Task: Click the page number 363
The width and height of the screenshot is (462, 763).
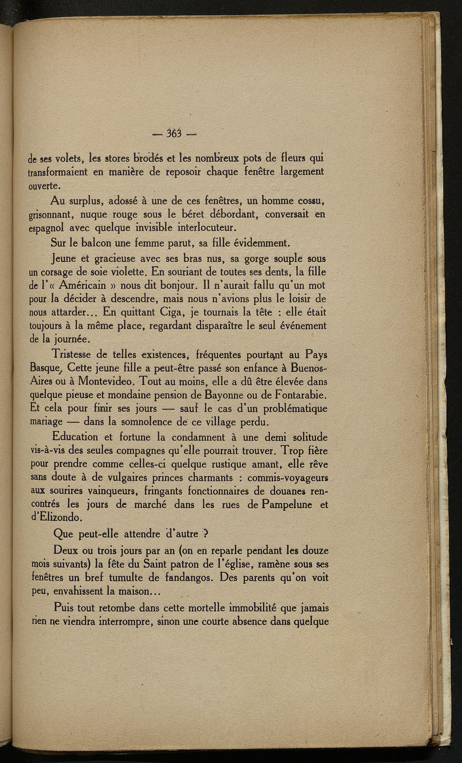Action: pos(173,133)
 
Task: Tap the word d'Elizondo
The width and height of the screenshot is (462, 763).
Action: pos(55,518)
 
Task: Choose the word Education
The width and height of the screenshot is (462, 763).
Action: pos(75,437)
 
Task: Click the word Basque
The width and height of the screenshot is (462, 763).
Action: pos(42,367)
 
